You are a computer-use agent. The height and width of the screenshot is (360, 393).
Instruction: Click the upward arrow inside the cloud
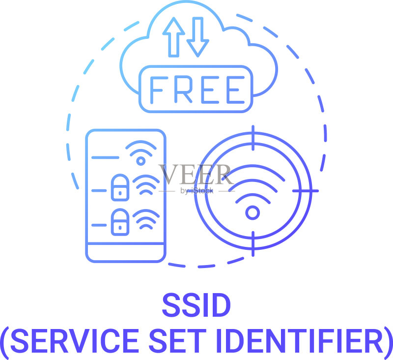point(174,37)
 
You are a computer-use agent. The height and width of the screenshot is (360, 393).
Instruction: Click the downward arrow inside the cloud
point(198,37)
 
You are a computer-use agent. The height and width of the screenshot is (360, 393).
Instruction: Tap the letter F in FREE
point(158,90)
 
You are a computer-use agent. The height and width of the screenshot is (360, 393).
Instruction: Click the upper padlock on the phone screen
point(120,187)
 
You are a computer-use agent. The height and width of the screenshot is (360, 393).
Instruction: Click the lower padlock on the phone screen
point(120,222)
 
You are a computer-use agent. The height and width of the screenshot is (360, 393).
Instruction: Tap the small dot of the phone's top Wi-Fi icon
point(141,161)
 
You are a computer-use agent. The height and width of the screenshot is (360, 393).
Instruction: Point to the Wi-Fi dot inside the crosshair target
point(253,213)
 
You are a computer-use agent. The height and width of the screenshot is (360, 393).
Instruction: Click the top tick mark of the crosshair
point(253,138)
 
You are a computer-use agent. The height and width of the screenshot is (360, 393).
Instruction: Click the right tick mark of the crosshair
point(305,191)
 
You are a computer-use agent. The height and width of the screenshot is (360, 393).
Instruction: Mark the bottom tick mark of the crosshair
point(253,244)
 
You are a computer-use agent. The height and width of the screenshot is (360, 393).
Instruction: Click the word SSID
point(196,305)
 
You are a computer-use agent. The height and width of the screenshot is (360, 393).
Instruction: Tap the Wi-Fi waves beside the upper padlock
point(146,184)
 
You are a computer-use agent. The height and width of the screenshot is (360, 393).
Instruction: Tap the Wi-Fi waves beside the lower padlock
point(146,219)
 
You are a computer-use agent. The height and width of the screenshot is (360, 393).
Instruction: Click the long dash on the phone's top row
point(105,157)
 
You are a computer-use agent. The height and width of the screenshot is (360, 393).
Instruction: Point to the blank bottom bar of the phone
point(126,253)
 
